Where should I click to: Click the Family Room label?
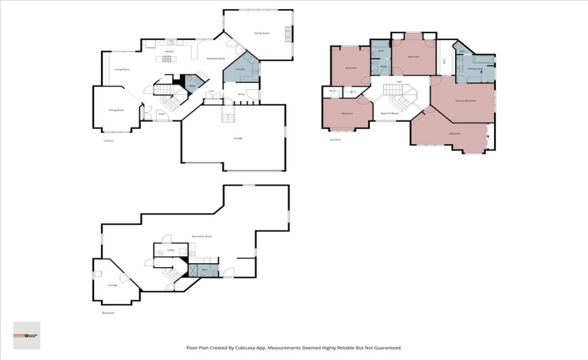[x=261, y=33]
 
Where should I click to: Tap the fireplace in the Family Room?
[x=290, y=33]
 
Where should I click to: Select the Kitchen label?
[x=169, y=51]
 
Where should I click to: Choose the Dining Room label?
[x=116, y=109]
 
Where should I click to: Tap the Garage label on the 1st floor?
[x=237, y=138]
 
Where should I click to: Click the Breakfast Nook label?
[x=217, y=59]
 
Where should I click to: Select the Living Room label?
[x=122, y=69]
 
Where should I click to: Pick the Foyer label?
[x=161, y=114]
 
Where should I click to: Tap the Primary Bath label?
[x=475, y=69]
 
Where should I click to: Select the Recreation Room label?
[x=202, y=236]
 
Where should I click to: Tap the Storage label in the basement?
[x=113, y=285]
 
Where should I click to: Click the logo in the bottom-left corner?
[x=27, y=335]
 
